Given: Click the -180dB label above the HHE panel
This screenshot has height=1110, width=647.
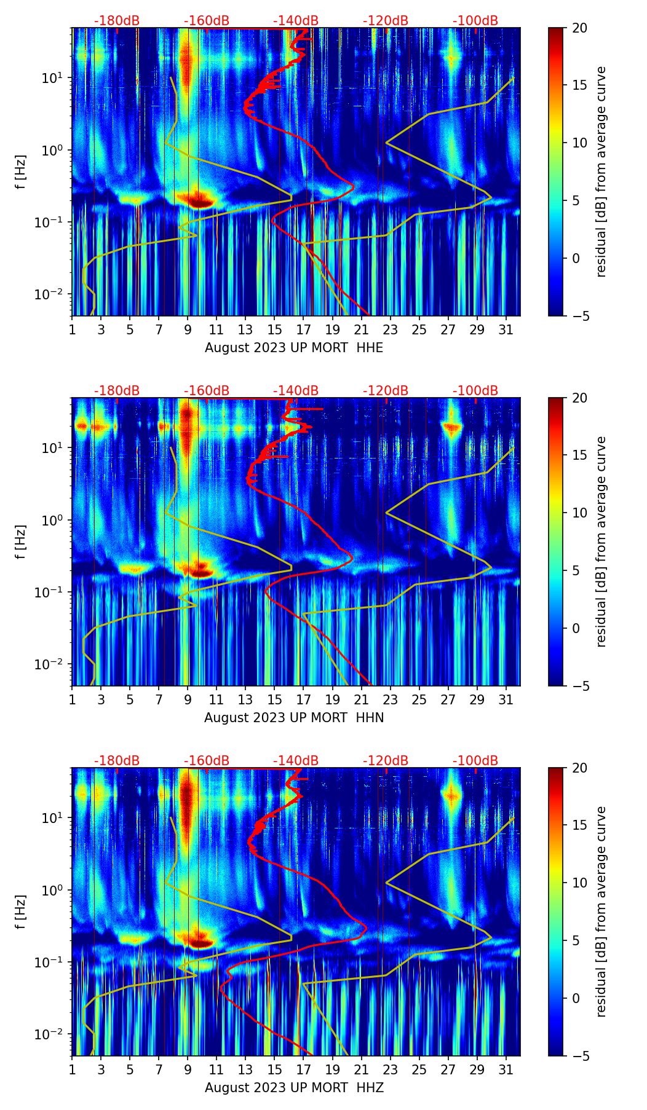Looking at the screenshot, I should click(117, 21).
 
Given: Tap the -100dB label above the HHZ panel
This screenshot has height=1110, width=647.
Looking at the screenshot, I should click(475, 761).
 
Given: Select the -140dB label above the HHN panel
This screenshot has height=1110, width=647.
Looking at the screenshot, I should click(296, 391).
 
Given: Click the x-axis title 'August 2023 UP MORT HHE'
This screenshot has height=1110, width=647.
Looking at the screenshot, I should click(294, 348).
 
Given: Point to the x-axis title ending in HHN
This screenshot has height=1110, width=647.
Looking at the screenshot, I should click(294, 718).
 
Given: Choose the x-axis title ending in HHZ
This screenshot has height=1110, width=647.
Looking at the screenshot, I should click(294, 1088).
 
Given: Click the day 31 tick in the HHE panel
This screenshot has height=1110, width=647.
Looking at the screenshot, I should click(506, 329).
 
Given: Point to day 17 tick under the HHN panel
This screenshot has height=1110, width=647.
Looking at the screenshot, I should click(303, 699).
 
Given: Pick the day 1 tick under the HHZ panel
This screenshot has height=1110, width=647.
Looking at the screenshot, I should click(72, 1069).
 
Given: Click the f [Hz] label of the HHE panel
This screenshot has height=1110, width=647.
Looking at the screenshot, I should click(21, 172).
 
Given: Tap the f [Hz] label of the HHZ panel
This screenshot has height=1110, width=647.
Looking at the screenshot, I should click(21, 912).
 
